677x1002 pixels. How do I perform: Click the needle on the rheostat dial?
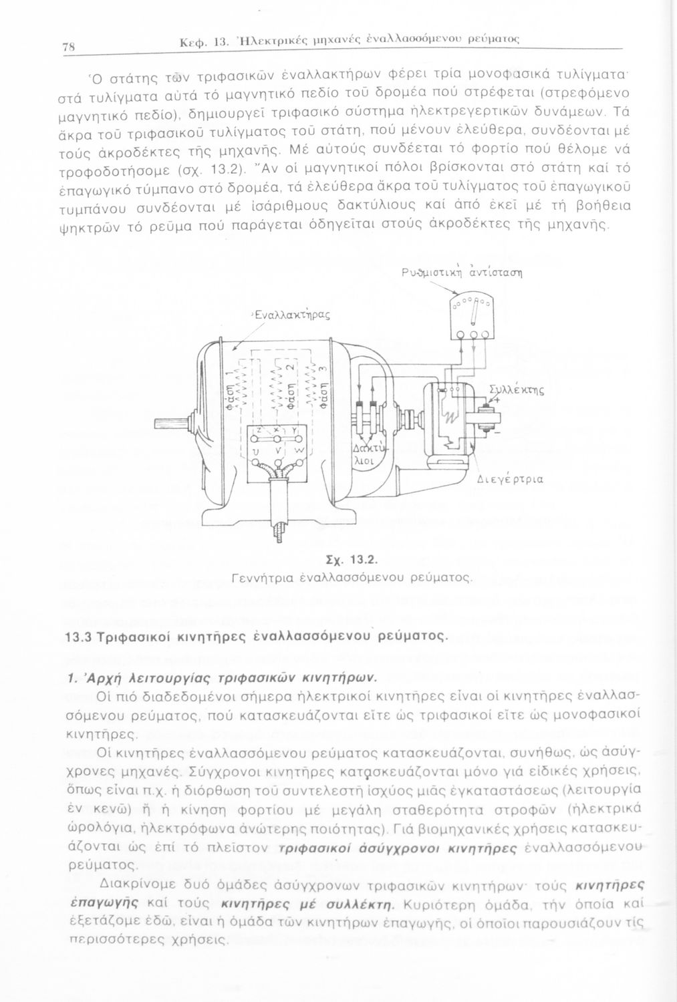[x=475, y=312]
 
